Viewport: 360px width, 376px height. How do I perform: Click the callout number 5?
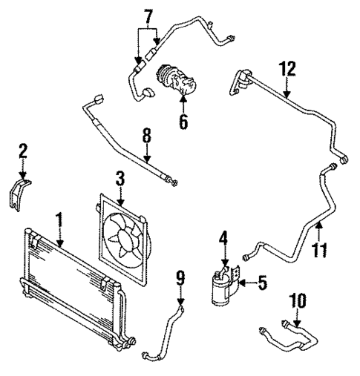[262, 283]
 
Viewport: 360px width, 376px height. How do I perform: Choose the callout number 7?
[148, 16]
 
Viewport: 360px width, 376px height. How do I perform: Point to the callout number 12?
[287, 70]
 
